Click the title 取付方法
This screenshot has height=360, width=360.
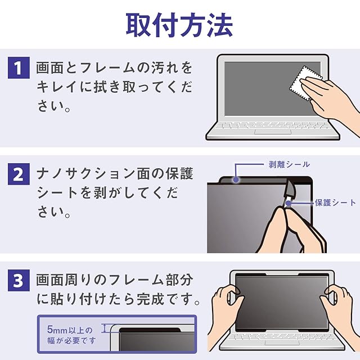point(179,25)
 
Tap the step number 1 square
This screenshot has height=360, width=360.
point(19,67)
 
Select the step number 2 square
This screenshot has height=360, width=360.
point(19,174)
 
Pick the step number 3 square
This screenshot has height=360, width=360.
point(19,280)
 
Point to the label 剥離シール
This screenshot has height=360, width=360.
point(289,164)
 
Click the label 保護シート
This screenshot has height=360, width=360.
point(335,202)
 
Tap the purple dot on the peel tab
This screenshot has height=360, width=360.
point(236,180)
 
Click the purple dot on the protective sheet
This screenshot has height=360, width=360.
point(289,203)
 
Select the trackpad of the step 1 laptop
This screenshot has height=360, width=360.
point(272,132)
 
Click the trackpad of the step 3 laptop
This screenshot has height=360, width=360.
point(282,343)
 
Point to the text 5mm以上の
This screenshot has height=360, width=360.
point(70,330)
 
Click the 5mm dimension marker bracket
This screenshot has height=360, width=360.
point(105,328)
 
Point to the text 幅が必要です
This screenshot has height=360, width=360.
point(71,340)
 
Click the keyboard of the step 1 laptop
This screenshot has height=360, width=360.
point(272,125)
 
